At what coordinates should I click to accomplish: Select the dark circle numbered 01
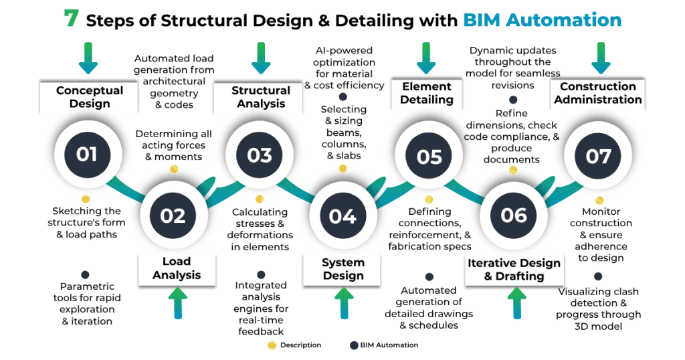point(86,155)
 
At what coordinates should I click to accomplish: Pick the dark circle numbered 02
point(173,215)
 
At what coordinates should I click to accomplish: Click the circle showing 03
point(260,155)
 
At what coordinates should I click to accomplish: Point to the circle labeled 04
point(342,215)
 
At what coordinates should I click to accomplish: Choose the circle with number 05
point(429,156)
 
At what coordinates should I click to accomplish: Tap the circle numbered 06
point(514,215)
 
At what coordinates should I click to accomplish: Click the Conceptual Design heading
point(90,97)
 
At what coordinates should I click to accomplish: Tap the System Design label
point(343,269)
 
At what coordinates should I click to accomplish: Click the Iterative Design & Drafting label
point(515,270)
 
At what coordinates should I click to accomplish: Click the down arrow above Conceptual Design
point(87,58)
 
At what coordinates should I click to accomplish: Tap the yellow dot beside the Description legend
point(271,345)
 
